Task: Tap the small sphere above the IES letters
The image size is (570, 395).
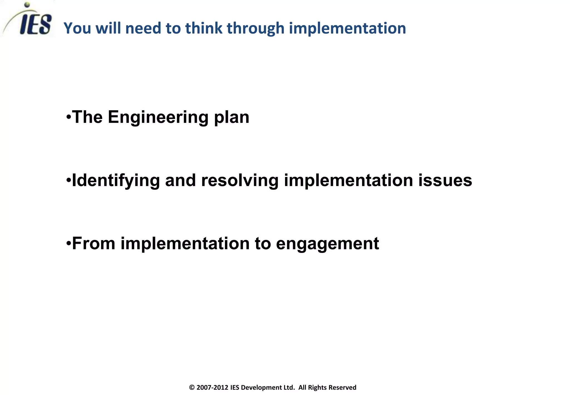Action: coord(27,5)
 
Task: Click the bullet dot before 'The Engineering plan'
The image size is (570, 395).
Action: coord(68,117)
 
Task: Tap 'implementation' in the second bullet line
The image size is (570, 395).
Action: coord(348,180)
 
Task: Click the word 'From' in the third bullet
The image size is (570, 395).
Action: coord(94,243)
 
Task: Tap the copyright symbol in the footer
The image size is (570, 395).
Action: coord(192,387)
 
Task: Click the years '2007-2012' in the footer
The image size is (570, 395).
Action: coord(212,387)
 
